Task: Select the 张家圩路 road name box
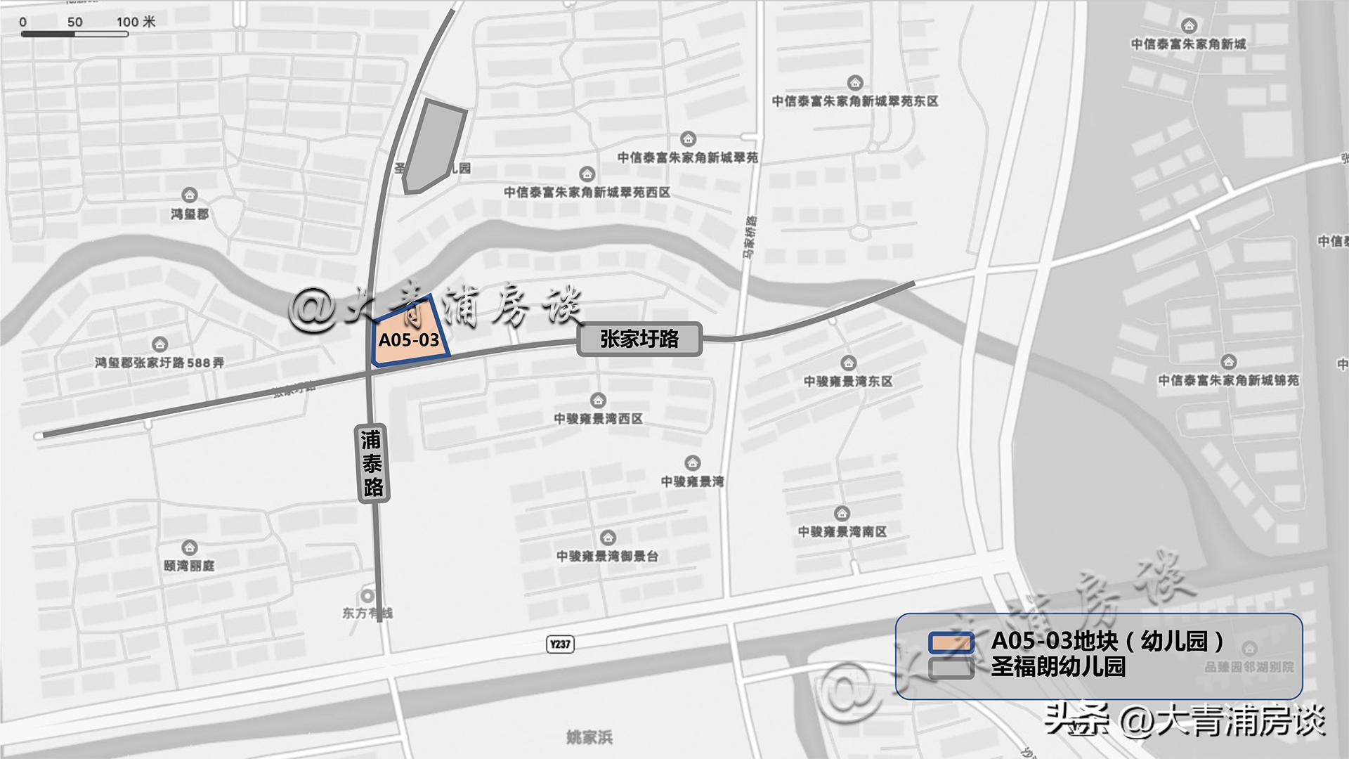639,339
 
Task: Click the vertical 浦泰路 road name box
372,464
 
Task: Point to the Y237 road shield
560,644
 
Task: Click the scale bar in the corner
74,34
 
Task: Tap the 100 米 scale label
136,22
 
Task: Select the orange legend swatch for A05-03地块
951,642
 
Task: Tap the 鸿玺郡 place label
190,214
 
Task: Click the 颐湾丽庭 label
189,566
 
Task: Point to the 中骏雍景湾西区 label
598,419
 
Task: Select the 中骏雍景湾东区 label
848,382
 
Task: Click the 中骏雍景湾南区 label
842,532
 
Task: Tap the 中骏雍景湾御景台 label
608,557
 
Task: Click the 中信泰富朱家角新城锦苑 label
1228,380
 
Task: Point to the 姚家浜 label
589,737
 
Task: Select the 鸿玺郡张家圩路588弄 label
159,363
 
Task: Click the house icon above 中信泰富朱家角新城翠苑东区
854,83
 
